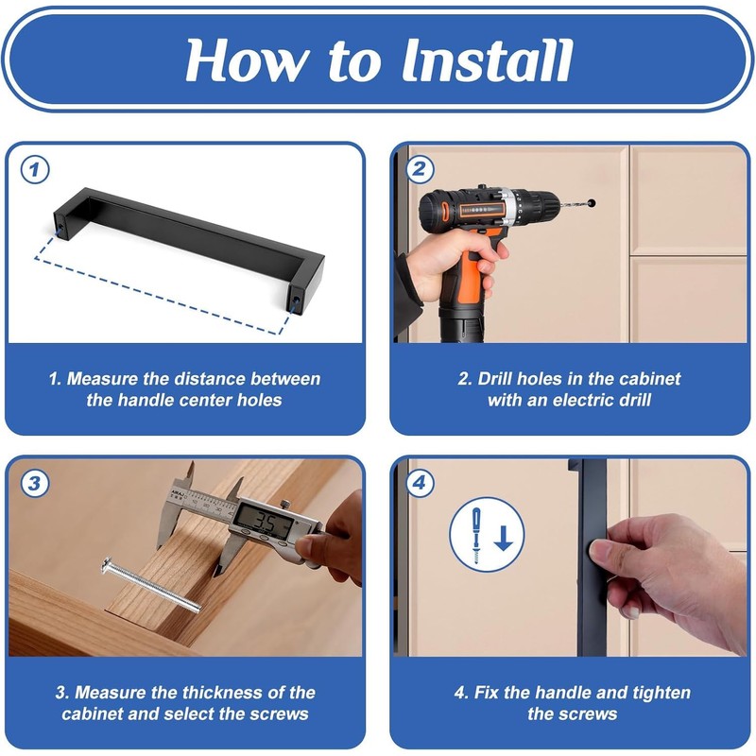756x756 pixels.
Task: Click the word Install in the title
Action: click(487, 60)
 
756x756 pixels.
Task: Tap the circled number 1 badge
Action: click(34, 170)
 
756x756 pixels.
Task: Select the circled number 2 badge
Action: click(420, 169)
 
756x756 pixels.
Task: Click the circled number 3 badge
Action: click(34, 483)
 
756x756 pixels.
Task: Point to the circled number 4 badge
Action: click(420, 483)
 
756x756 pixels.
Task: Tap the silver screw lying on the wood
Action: click(151, 585)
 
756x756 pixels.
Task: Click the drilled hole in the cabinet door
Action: click(593, 202)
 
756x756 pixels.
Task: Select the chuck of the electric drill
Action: click(535, 204)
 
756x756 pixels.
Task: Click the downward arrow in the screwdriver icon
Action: click(504, 539)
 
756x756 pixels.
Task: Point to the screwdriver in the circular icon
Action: click(477, 535)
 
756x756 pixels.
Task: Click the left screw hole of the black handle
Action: click(61, 225)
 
